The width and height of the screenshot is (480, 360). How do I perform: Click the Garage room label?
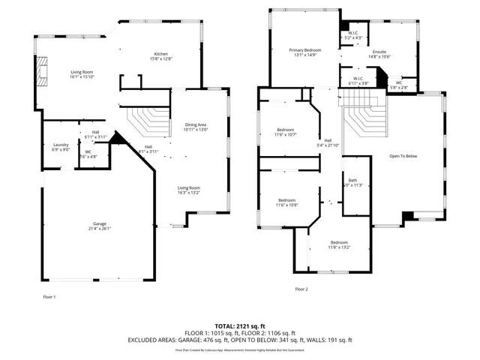coord(100,224)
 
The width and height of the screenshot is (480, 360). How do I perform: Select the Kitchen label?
coord(161,54)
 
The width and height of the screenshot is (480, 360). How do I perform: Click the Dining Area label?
coord(196,124)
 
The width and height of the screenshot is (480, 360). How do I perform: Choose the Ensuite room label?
coord(380,51)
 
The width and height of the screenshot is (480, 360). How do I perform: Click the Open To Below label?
coord(403,156)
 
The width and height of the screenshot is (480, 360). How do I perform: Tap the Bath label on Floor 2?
coord(352,180)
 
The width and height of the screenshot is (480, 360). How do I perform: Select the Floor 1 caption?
coord(49,297)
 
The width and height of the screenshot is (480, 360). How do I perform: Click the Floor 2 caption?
coord(301,289)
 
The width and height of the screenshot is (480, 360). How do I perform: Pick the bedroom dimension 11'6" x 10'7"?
coord(286,134)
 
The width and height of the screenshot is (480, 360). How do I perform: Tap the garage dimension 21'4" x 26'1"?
coord(100,229)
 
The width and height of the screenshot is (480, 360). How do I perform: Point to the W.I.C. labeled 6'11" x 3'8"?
coord(358,83)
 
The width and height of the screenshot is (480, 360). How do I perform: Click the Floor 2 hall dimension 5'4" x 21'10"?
coord(328,145)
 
